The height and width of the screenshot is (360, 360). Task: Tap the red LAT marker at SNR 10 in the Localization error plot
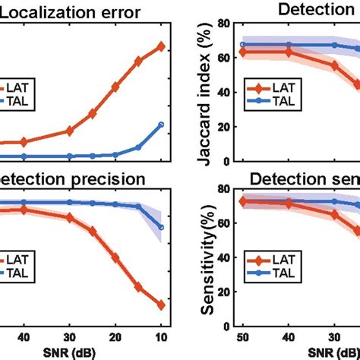pyautogui.click(x=161, y=46)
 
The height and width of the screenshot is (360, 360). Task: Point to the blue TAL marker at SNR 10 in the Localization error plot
pyautogui.click(x=161, y=125)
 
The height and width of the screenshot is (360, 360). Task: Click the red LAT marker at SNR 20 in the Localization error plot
pyautogui.click(x=115, y=87)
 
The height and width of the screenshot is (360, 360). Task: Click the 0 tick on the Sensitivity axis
pyautogui.click(x=227, y=328)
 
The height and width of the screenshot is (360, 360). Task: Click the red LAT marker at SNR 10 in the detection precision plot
pyautogui.click(x=161, y=305)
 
